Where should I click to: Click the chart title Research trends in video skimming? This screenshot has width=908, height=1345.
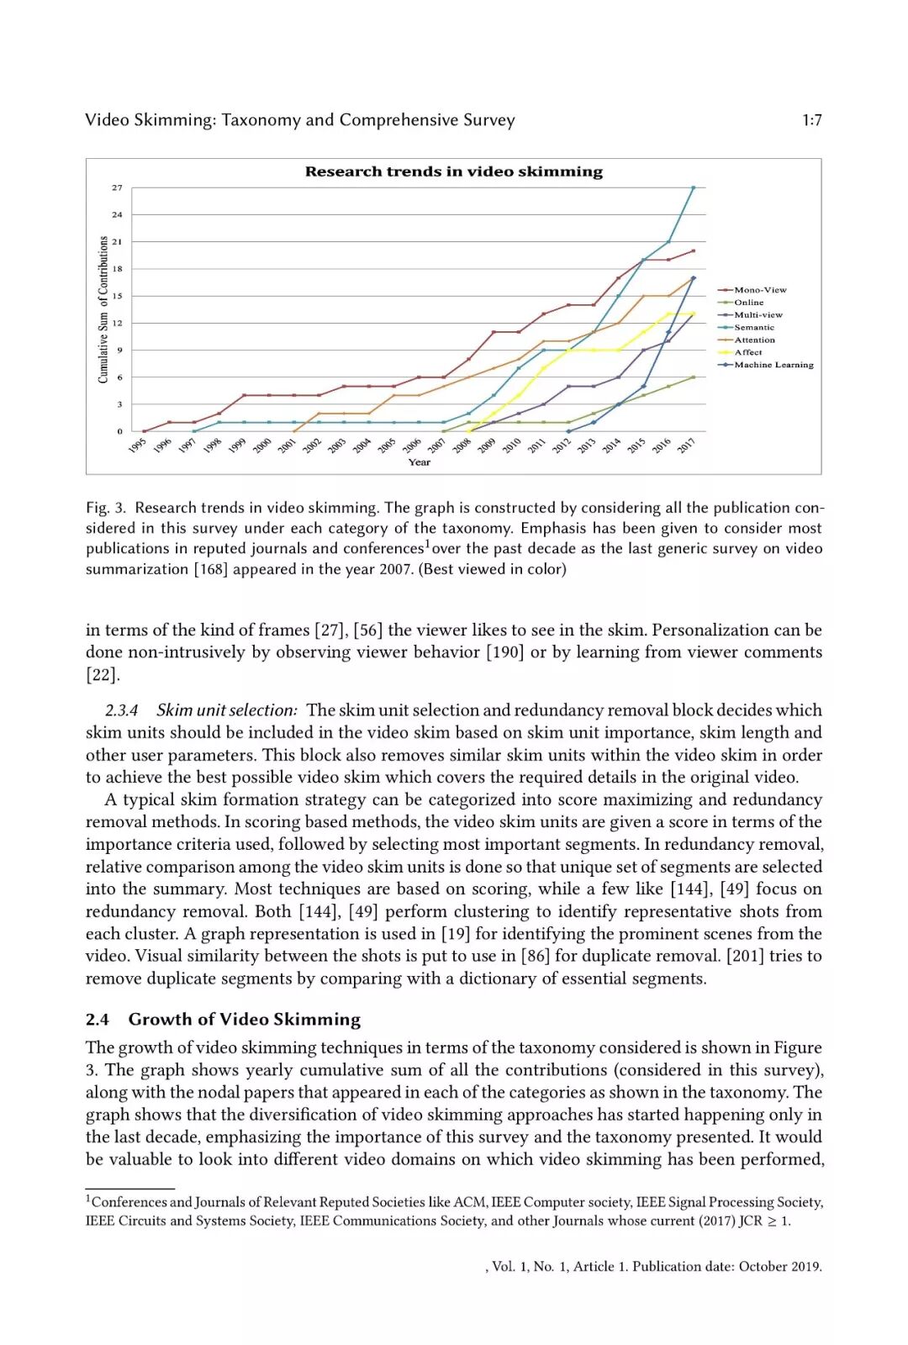click(x=453, y=171)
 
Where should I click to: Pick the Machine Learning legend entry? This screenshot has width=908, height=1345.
click(x=773, y=365)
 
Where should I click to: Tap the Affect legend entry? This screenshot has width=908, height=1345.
click(x=747, y=352)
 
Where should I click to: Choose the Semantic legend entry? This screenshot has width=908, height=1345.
click(x=753, y=328)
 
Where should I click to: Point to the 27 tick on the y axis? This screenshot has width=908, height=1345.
click(x=117, y=187)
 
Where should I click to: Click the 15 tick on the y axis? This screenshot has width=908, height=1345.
click(x=117, y=296)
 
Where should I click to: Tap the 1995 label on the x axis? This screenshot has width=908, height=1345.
click(x=137, y=446)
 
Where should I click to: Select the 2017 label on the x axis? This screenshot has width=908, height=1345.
click(x=686, y=446)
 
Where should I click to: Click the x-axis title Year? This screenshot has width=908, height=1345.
click(x=419, y=462)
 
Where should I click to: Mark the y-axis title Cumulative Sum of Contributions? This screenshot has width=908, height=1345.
click(x=103, y=309)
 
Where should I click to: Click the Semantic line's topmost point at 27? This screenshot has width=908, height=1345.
click(x=694, y=187)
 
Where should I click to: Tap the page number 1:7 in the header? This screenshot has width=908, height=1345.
click(x=811, y=120)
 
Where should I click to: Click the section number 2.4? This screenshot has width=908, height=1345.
click(x=98, y=1020)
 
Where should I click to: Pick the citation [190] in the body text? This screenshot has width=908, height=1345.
click(x=504, y=652)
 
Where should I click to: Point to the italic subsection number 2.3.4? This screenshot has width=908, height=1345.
click(x=122, y=710)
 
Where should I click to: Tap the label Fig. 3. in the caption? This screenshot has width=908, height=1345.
click(x=106, y=508)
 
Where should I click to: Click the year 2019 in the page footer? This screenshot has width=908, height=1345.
click(x=805, y=1267)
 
